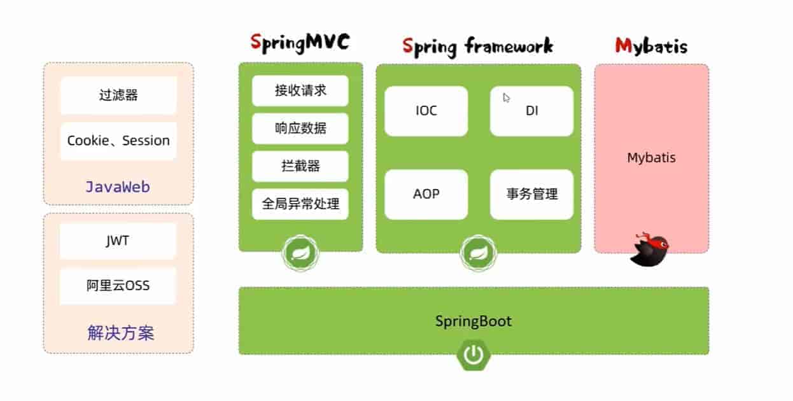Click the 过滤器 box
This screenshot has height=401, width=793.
[118, 95]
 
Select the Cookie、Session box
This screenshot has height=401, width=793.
[118, 141]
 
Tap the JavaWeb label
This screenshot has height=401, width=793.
[118, 186]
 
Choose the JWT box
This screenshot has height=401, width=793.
[118, 241]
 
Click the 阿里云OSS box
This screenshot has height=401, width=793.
[118, 286]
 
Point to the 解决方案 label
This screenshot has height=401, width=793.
[120, 332]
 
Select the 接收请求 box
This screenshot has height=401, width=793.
[300, 90]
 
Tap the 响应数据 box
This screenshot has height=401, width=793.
[300, 128]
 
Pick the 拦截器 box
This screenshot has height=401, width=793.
[300, 166]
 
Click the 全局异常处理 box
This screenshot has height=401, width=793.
[300, 204]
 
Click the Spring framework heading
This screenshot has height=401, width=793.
[477, 46]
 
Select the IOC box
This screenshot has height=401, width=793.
[426, 111]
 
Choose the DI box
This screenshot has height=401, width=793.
[531, 111]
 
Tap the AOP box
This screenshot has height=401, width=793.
[426, 194]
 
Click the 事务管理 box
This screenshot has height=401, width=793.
[531, 194]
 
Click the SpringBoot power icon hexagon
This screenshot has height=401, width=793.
[473, 355]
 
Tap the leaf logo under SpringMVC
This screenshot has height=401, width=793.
[300, 254]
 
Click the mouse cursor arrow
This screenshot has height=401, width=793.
[507, 98]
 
